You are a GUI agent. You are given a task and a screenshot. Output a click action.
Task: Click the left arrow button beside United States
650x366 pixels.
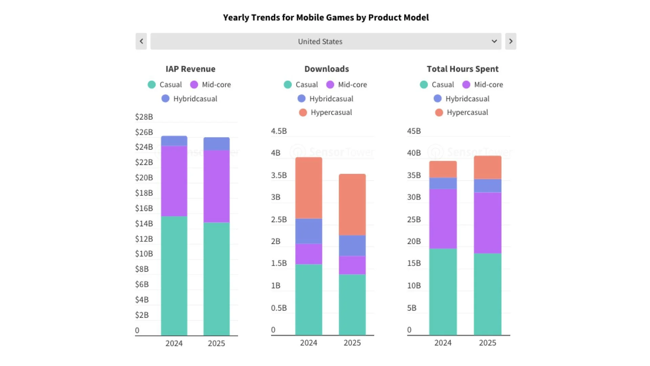pyautogui.click(x=141, y=41)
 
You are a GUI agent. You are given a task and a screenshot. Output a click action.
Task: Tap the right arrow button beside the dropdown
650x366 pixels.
pyautogui.click(x=511, y=41)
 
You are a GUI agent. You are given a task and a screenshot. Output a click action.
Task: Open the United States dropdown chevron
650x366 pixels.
pyautogui.click(x=494, y=41)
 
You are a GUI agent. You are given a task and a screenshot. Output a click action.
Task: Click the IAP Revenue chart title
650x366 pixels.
pyautogui.click(x=190, y=69)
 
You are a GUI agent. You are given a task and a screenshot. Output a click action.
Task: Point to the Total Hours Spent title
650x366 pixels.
pyautogui.click(x=462, y=69)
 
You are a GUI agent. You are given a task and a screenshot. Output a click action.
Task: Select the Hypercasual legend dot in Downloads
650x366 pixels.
pyautogui.click(x=303, y=113)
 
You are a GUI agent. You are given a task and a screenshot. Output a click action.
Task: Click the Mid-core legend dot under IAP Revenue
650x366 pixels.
pyautogui.click(x=194, y=85)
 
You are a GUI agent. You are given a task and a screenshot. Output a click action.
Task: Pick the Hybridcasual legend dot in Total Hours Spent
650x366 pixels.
pyautogui.click(x=437, y=99)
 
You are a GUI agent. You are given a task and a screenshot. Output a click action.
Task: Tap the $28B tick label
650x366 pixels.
pyautogui.click(x=144, y=117)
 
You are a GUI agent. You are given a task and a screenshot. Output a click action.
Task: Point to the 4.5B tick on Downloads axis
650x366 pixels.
pyautogui.click(x=279, y=131)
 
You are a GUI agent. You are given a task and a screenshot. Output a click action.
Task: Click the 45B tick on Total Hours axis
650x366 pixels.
pyautogui.click(x=414, y=131)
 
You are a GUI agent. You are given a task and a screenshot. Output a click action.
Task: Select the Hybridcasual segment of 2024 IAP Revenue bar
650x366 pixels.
pyautogui.click(x=174, y=141)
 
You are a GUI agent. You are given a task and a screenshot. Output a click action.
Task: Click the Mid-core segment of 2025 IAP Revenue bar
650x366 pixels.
pyautogui.click(x=216, y=186)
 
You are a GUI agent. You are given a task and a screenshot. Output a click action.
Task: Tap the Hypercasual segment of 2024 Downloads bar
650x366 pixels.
pyautogui.click(x=308, y=188)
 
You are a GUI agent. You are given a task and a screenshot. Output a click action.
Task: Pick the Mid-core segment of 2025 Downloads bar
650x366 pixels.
pyautogui.click(x=352, y=265)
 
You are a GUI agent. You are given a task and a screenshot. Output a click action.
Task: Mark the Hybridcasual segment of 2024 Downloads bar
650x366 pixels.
pyautogui.click(x=308, y=231)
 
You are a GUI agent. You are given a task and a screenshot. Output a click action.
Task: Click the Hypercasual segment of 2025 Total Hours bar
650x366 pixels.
pyautogui.click(x=487, y=167)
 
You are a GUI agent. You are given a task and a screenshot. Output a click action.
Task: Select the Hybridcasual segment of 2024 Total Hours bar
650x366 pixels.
pyautogui.click(x=443, y=183)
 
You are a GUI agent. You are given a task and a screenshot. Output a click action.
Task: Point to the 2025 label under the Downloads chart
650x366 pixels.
pyautogui.click(x=352, y=343)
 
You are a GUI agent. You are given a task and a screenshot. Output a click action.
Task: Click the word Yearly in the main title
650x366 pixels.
pyautogui.click(x=236, y=18)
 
